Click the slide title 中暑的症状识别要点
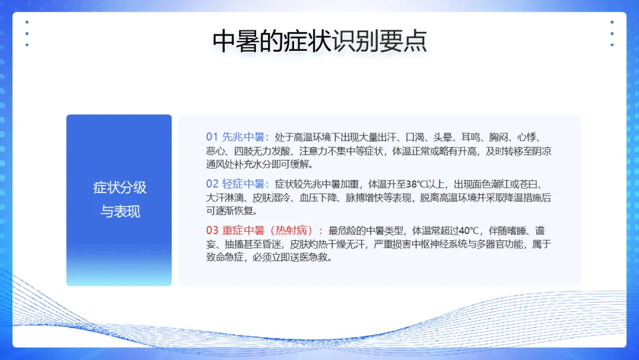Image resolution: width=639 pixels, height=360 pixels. tap(319, 41)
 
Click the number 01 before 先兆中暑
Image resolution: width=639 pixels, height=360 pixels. tap(212, 137)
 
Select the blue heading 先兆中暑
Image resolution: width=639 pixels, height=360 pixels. tap(243, 137)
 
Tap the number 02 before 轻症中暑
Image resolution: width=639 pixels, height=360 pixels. tap(212, 184)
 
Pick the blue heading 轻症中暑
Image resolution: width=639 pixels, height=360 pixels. tap(243, 184)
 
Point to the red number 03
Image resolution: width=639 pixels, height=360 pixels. tap(212, 230)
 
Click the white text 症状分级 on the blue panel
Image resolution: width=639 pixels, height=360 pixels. tap(120, 188)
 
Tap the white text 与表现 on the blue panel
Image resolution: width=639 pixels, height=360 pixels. tap(120, 211)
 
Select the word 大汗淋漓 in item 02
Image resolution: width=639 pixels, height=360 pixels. tap(225, 198)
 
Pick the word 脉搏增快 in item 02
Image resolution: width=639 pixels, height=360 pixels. tap(364, 198)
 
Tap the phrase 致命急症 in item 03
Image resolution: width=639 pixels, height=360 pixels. tap(225, 257)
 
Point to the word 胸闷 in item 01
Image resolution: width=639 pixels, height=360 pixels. tap(498, 137)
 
